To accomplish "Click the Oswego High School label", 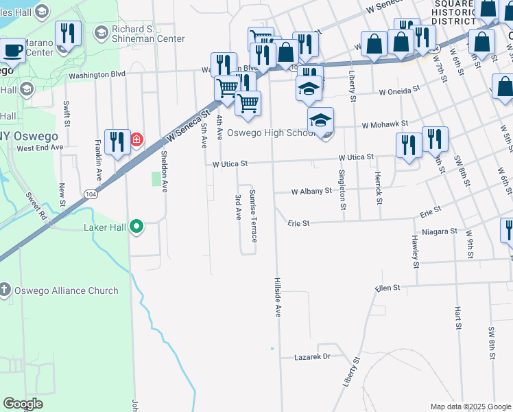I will pos(270,133).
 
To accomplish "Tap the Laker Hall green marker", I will pos(136,227).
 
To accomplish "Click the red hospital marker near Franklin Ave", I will pos(136,140).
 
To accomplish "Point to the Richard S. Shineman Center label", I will pos(148,34).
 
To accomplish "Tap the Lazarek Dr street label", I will pos(312,356).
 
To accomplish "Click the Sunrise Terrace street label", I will pos(253,215).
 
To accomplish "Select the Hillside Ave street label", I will pos(278,297).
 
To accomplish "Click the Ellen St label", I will pos(387,288).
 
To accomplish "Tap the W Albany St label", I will pos(311,192).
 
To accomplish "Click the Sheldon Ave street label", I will pos(164,172).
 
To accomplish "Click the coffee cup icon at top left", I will pos(13,51).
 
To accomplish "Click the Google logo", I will pos(23,404).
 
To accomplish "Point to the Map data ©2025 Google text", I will pos(470,407).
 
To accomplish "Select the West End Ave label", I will pos(40,148).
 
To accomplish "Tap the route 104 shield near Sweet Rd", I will pos(91,195).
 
